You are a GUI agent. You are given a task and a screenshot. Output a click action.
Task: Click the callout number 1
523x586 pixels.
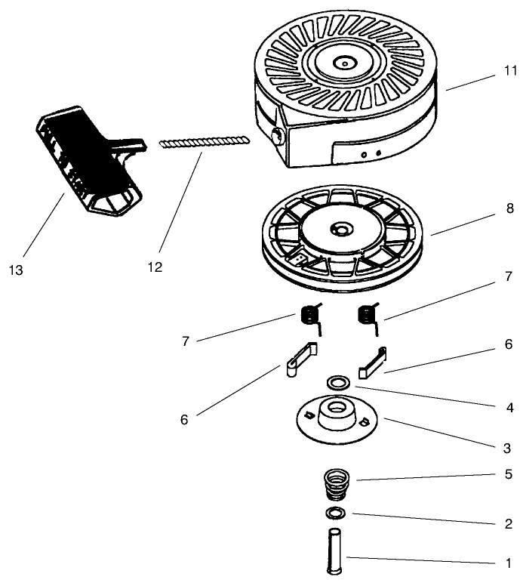pyautogui.click(x=509, y=563)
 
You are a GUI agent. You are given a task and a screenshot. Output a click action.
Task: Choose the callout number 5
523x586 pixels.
pyautogui.click(x=509, y=474)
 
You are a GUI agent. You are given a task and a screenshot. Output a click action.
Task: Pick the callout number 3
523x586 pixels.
pyautogui.click(x=509, y=448)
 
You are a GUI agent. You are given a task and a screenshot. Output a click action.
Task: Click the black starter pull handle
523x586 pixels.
pyautogui.click(x=87, y=154)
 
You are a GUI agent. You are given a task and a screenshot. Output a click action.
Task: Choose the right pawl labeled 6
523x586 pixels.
pyautogui.click(x=374, y=361)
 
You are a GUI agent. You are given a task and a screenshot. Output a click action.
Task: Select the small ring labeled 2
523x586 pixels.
pyautogui.click(x=336, y=514)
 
